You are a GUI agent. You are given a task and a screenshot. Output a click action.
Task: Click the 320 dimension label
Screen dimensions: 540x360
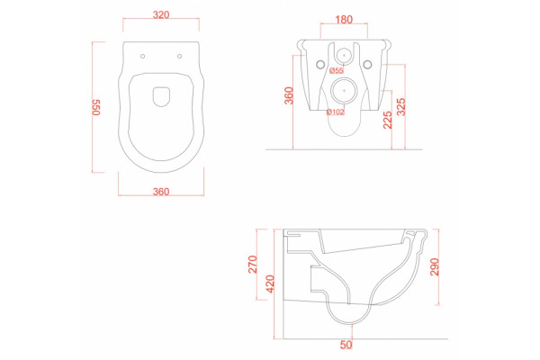[161, 14]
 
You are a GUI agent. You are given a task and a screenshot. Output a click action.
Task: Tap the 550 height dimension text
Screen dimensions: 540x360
[96, 107]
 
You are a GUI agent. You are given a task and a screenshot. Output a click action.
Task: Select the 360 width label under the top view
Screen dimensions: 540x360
[161, 192]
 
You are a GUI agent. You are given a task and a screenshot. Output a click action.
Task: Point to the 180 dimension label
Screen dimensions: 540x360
[344, 20]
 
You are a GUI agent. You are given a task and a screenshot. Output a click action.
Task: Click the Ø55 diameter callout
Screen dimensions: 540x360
[337, 70]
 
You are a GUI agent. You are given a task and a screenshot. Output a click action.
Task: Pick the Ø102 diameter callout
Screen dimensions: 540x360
[336, 112]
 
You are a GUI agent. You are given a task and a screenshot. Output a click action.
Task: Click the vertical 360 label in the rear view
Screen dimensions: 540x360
[289, 95]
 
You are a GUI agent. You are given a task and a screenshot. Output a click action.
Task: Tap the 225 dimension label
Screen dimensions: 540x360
[388, 120]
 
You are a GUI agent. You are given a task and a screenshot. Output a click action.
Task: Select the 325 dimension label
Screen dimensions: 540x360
[401, 107]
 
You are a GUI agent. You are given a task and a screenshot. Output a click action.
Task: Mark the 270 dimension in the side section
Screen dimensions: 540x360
[253, 265]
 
